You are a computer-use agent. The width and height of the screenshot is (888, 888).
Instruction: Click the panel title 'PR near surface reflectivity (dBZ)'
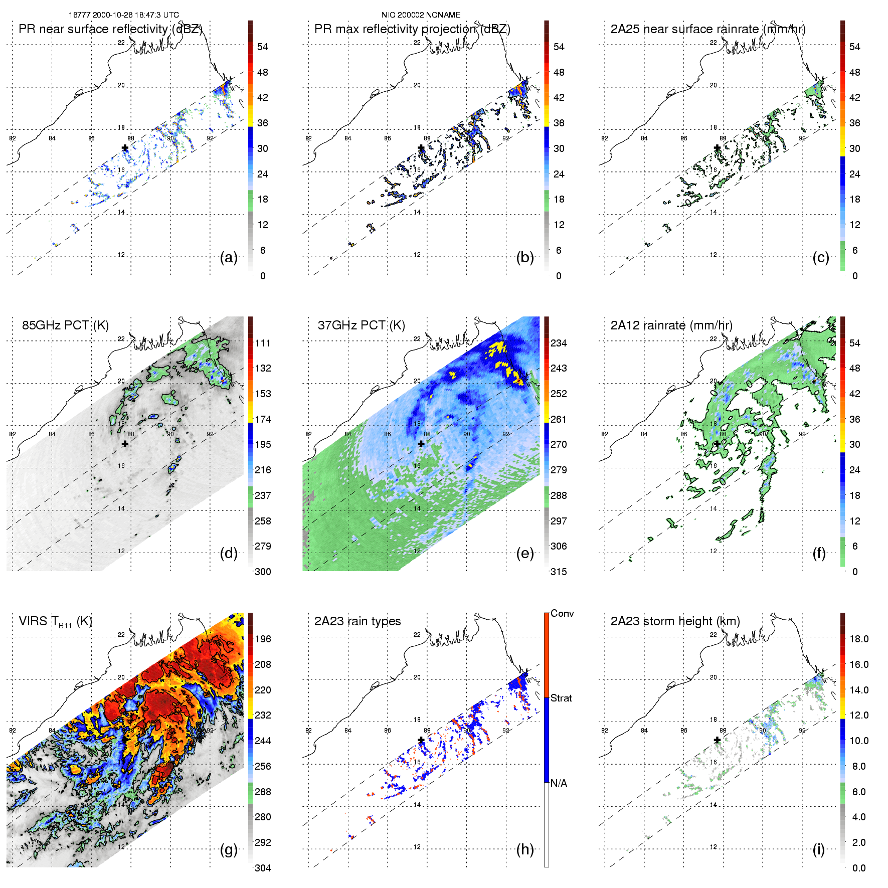[110, 29]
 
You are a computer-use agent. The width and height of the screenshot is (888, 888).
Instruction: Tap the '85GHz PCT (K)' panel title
[65, 325]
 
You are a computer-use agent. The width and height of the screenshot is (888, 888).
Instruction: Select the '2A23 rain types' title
[358, 621]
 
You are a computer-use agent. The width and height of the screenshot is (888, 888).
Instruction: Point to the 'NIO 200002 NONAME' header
[421, 15]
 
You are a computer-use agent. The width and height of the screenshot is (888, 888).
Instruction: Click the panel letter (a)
[229, 258]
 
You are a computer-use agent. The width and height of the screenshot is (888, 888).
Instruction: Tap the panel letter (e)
[524, 554]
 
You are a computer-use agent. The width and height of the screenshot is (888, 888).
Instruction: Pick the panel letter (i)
[818, 850]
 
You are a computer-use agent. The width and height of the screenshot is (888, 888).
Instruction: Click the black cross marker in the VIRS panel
[125, 740]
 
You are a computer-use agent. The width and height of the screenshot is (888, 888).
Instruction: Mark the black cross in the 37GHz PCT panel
[421, 444]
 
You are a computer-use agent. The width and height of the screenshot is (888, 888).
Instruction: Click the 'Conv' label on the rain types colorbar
[562, 614]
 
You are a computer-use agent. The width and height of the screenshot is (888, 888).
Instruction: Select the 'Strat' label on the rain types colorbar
[561, 698]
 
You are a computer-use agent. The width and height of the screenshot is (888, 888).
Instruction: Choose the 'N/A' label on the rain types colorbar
[559, 783]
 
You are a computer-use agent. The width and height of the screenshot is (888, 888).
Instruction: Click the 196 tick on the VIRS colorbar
[263, 639]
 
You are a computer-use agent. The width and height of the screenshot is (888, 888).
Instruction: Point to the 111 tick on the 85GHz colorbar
[263, 343]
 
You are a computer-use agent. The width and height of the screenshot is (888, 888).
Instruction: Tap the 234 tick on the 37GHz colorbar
[559, 343]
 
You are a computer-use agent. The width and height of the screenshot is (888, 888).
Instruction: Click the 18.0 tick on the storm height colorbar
[859, 639]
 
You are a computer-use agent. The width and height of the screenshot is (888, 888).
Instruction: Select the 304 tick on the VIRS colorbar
[263, 868]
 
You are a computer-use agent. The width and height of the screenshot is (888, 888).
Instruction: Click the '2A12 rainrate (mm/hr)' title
[671, 325]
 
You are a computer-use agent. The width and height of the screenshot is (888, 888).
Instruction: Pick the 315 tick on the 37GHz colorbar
[559, 572]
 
